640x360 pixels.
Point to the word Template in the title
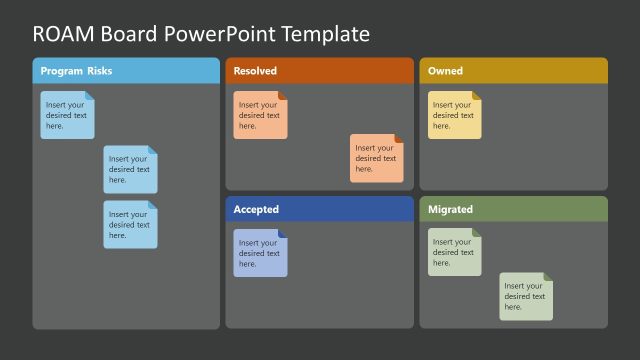click(x=325, y=34)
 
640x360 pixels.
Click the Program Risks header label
click(x=76, y=71)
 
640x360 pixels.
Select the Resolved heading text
click(x=255, y=71)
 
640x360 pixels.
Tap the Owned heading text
click(x=445, y=71)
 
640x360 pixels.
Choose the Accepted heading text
click(x=256, y=209)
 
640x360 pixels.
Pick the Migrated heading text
click(x=450, y=209)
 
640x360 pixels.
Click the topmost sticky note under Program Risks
click(x=67, y=115)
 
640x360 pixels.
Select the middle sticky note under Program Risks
click(x=130, y=169)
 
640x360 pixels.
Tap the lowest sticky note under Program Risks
click(x=130, y=224)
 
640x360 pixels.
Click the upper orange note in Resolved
click(x=260, y=115)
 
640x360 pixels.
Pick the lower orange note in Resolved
click(x=376, y=158)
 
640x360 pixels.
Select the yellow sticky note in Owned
click(x=454, y=115)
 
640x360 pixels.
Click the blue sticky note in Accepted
click(x=260, y=253)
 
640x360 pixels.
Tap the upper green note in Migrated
click(x=454, y=252)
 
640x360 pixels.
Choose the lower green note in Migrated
click(x=525, y=296)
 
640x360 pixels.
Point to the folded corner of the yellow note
click(x=477, y=96)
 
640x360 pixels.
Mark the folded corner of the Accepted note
click(x=283, y=234)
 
